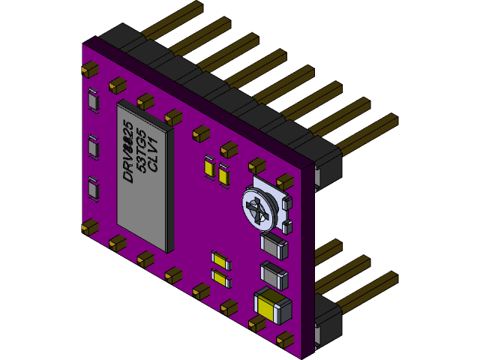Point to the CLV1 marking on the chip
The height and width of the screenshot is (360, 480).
[152, 154]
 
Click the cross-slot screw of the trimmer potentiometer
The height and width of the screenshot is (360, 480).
[259, 208]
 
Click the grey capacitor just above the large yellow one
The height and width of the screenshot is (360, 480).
[274, 275]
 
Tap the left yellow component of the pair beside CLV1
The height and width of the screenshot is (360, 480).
[208, 167]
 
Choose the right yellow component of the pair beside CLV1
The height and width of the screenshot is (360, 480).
[223, 173]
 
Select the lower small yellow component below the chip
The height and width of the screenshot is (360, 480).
[221, 278]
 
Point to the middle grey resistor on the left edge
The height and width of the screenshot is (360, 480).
[93, 146]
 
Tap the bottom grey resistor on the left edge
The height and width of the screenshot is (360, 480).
[93, 188]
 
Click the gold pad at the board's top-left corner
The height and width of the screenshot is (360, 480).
[89, 68]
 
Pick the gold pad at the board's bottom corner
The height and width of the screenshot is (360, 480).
[286, 339]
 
